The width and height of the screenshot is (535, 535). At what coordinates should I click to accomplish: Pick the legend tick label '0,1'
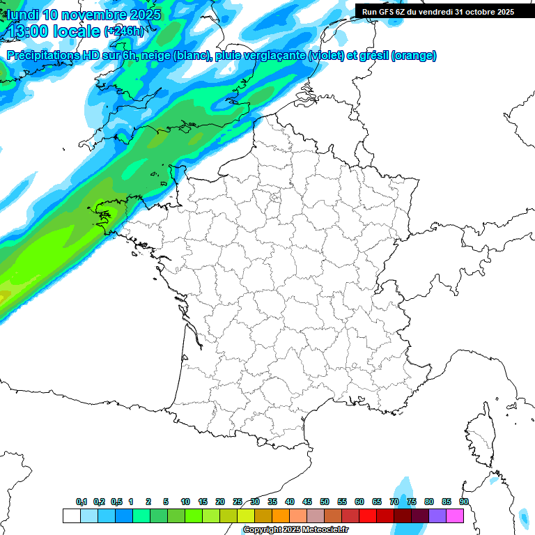click(x=82, y=502)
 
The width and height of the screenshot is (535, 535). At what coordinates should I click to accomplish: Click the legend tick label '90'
click(x=464, y=502)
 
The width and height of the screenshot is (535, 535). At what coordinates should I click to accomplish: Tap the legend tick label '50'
click(x=325, y=502)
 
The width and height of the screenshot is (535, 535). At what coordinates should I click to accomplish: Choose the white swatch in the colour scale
click(x=71, y=515)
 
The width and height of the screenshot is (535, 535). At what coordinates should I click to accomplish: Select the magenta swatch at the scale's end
click(x=455, y=515)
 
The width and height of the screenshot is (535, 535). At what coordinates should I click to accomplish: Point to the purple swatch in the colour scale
click(x=437, y=515)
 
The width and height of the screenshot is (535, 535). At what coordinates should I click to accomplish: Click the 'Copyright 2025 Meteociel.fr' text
click(x=295, y=530)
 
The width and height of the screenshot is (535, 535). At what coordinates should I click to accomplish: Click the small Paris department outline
click(x=274, y=198)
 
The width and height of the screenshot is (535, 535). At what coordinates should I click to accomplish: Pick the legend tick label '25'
click(x=238, y=502)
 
